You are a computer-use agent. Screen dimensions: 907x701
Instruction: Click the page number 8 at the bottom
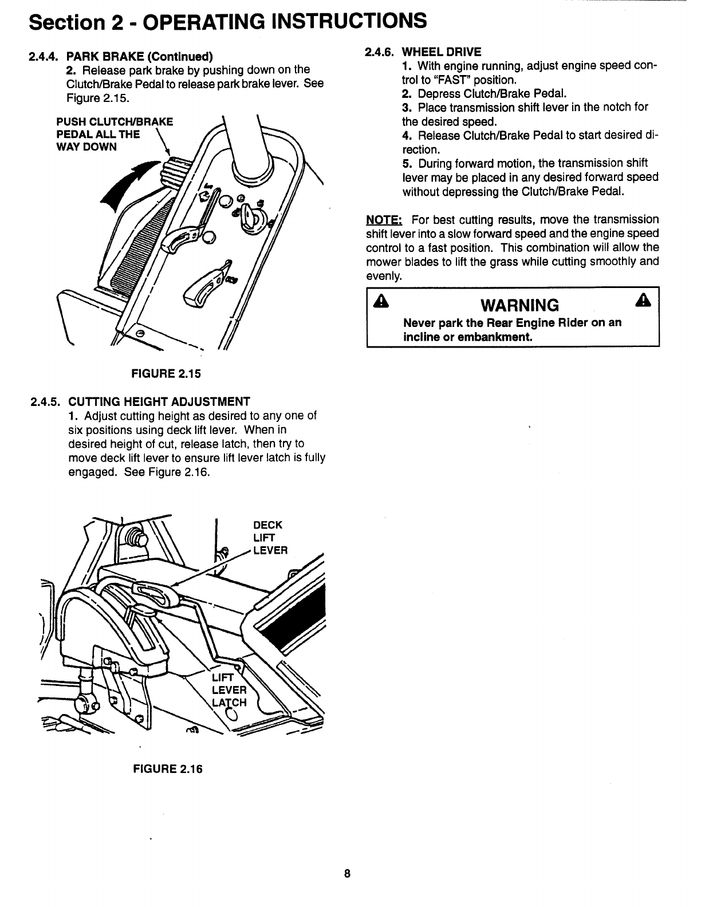pos(347,874)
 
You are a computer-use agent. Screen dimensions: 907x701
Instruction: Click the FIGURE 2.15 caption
pos(167,374)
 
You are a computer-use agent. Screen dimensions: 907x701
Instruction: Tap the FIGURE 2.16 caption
pos(167,769)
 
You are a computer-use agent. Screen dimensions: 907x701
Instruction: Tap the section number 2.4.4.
pos(44,56)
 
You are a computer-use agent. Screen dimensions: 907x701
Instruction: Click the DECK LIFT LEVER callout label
pos(269,538)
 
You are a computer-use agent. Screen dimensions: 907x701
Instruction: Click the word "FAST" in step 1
pos(451,80)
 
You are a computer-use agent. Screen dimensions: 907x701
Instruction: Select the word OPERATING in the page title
pos(226,21)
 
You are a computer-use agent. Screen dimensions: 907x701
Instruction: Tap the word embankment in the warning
pos(497,337)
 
